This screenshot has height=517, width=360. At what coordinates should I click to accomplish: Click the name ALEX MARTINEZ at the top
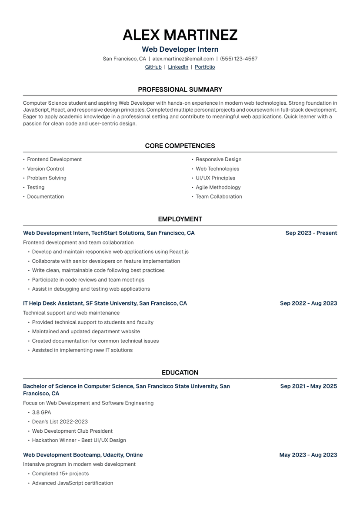pos(180,35)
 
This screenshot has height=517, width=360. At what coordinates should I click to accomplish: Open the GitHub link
pos(153,67)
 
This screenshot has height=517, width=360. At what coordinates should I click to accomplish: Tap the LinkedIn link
pos(178,67)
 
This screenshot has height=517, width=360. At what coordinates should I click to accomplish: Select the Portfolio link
pos(205,67)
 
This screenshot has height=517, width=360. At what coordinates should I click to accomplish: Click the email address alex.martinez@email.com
pos(183,59)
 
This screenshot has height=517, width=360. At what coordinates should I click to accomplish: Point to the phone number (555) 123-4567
pos(239,59)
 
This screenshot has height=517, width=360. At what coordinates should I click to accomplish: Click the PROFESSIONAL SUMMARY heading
pos(180,89)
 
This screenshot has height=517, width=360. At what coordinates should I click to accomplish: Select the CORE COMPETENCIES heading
pos(180,146)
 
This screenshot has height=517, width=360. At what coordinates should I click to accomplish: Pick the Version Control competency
pos(45,169)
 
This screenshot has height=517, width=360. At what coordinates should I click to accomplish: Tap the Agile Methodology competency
pos(218,187)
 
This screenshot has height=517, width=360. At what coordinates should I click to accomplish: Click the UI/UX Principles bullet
pos(215,178)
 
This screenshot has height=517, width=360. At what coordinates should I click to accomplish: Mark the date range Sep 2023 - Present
pos(311,233)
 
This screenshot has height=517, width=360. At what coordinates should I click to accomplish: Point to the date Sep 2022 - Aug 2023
pos(308,303)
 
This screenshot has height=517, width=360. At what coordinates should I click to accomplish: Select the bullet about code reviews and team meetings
pos(88,280)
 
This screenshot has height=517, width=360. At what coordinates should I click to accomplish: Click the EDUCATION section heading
pos(180,373)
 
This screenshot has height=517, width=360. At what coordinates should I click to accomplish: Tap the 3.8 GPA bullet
pos(41,412)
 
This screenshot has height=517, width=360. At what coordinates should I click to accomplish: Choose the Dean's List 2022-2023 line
pos(60,421)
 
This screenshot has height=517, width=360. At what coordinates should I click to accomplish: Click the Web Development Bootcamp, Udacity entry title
pos(83,455)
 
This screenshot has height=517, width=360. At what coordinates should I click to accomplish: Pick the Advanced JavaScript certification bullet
pos(72,483)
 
